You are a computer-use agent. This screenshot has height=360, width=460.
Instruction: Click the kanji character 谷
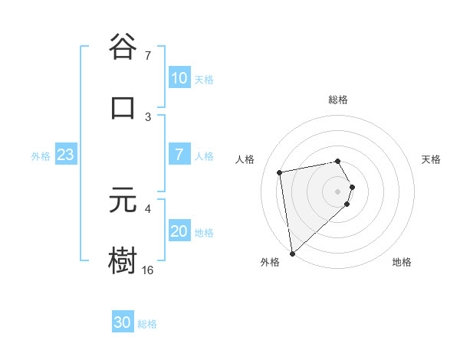(x=123, y=47)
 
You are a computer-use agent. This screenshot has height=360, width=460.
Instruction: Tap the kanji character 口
(x=123, y=107)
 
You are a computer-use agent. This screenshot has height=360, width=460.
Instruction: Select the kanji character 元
(x=123, y=201)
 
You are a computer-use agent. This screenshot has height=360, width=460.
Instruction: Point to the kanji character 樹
(x=123, y=261)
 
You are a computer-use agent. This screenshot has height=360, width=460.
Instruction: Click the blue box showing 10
(x=179, y=78)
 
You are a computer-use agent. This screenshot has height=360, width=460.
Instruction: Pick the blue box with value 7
(x=179, y=155)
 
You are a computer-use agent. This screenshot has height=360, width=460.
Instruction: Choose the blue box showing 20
(x=179, y=231)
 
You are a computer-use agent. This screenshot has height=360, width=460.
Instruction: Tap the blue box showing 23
(x=66, y=155)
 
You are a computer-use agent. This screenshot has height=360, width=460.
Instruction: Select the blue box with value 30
(x=123, y=322)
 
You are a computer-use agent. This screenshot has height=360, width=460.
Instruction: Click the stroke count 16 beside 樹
(x=147, y=270)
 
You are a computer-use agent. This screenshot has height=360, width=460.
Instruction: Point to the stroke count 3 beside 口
(x=148, y=116)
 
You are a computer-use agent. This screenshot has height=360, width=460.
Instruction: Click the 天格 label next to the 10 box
(x=204, y=79)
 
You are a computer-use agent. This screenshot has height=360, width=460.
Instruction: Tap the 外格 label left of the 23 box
(x=41, y=155)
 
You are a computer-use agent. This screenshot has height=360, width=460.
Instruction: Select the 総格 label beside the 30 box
(x=147, y=323)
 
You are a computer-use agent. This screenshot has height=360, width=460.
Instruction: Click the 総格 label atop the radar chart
(x=338, y=100)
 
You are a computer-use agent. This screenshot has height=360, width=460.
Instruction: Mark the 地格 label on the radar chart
(x=402, y=262)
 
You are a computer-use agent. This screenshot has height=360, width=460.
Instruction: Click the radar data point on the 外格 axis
(x=292, y=253)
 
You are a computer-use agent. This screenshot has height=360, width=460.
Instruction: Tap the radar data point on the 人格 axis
(x=280, y=172)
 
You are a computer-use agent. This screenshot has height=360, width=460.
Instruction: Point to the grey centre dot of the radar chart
(x=338, y=191)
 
